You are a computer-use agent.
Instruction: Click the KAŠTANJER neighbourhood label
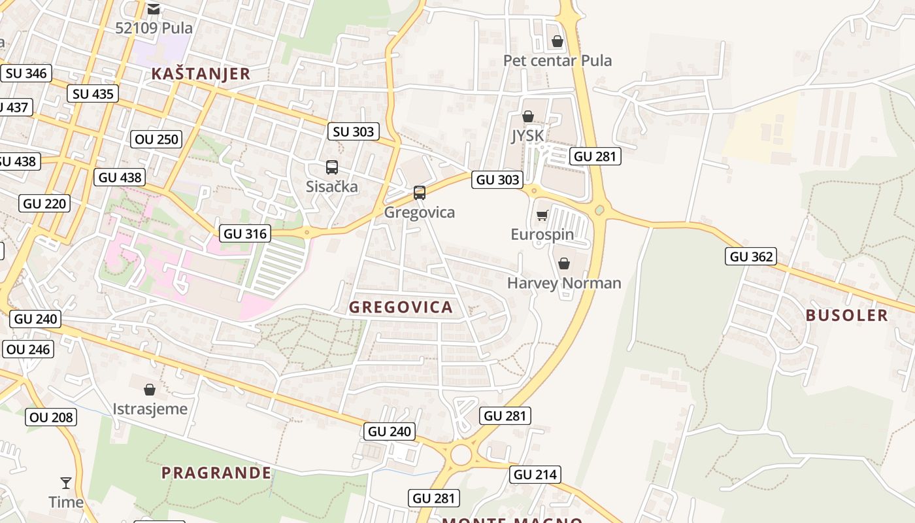point(201,74)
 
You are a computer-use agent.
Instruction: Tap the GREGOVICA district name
point(401,307)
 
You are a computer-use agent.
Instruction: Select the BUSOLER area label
point(846,315)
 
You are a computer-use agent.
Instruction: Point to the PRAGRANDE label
point(216,473)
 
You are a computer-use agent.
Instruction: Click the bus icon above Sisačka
point(332,167)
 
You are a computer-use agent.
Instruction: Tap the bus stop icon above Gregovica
point(420,193)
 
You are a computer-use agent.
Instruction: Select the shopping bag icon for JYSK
point(527,117)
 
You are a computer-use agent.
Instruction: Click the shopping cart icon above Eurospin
point(542,216)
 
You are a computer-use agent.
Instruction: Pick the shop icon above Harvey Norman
point(564,263)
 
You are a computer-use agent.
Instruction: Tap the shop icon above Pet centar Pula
point(557,42)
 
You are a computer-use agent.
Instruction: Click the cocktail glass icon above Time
point(66,483)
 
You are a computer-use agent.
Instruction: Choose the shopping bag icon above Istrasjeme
point(150,390)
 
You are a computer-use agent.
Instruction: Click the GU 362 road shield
point(752,256)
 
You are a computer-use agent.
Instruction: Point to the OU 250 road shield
point(157,139)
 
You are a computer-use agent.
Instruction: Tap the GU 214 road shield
point(536,475)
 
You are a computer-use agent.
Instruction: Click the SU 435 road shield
point(93,93)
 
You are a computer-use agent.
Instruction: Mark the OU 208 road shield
point(52,417)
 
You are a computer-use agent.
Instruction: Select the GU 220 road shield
point(44,203)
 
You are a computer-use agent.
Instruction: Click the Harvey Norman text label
point(564,283)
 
